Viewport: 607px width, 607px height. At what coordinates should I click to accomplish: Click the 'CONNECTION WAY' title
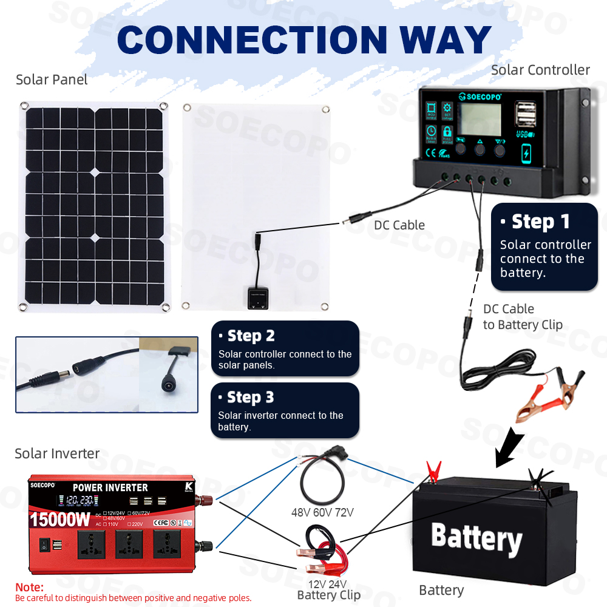(x=303, y=39)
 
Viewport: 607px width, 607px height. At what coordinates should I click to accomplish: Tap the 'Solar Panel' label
(x=52, y=80)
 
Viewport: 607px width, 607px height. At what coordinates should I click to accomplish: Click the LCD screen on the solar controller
(x=480, y=120)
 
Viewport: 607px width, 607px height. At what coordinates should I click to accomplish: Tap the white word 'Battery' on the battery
(x=476, y=537)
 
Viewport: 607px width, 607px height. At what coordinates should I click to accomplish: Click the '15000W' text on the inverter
(x=59, y=520)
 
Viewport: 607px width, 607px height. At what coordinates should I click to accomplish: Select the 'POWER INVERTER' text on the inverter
(x=110, y=487)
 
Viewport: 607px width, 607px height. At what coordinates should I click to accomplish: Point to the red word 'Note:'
(x=29, y=587)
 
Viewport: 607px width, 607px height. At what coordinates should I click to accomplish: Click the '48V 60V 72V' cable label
(x=322, y=512)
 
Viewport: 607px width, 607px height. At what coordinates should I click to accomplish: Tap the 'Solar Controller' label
(x=540, y=70)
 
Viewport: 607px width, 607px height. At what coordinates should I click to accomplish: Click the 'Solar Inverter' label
(x=57, y=453)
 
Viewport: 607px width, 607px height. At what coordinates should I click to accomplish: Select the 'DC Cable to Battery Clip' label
(x=522, y=317)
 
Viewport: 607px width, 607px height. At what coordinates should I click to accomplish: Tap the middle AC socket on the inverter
(x=128, y=544)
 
